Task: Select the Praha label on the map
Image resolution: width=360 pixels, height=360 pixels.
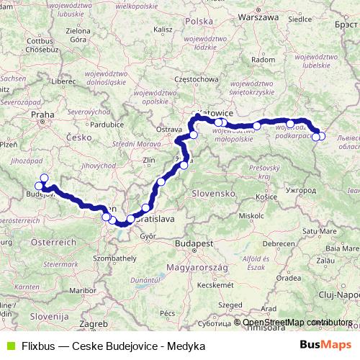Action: point(40,113)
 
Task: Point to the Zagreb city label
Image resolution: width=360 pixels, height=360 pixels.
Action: point(94,324)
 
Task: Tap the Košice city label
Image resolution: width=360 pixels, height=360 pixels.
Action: point(266,196)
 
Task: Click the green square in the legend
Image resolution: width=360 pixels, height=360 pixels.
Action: point(11,346)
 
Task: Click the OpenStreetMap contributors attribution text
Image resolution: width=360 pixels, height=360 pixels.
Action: point(297,323)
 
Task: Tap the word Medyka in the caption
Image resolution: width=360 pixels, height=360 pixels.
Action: point(186,346)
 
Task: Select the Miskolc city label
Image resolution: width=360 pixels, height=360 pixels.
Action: point(252,215)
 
